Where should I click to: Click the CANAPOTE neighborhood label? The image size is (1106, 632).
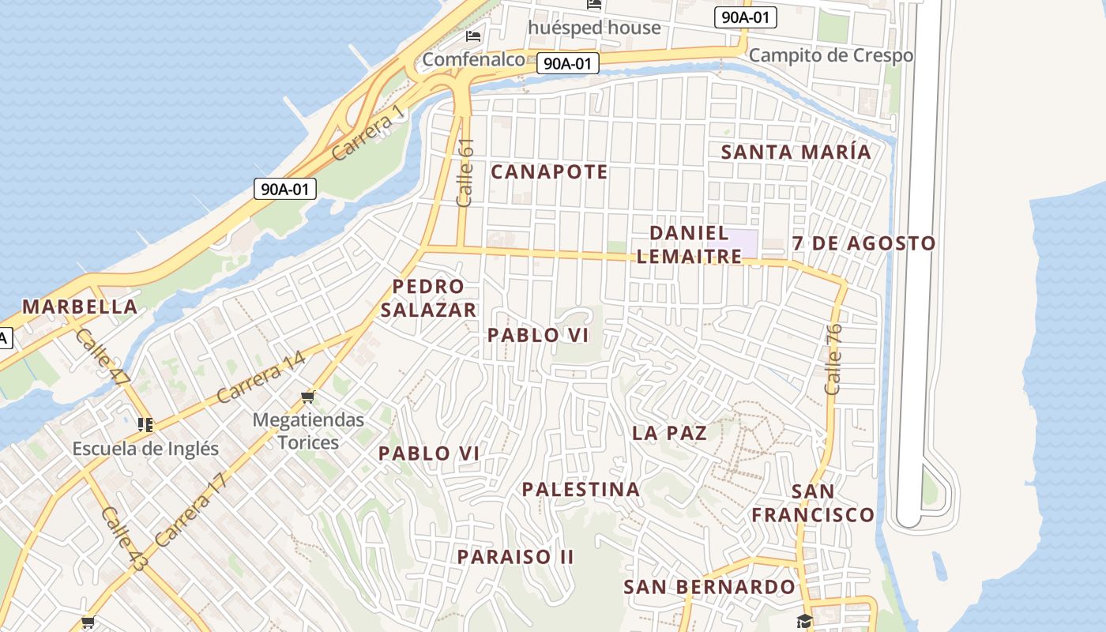549,171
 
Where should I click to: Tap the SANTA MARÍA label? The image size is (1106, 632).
796,152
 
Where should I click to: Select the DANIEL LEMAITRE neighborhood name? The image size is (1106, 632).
689,244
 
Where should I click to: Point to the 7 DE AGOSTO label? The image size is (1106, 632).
863,243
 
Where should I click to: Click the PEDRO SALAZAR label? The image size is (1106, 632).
428,298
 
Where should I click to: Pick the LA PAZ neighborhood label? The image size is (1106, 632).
669,433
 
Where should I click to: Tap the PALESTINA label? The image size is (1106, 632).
581,489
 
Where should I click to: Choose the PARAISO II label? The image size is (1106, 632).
515,556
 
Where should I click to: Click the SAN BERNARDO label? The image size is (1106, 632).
709,587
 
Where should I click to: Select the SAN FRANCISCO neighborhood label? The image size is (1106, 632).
813,503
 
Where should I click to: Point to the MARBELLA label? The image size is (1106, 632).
79,307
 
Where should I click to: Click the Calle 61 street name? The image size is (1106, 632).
465,172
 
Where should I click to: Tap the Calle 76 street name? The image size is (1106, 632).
833,359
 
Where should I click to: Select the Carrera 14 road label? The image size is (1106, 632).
260,377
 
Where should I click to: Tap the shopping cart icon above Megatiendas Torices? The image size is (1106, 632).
308,397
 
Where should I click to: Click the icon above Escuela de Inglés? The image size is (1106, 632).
145,425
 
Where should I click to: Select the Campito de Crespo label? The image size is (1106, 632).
830,55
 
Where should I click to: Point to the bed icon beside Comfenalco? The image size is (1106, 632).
473,36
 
